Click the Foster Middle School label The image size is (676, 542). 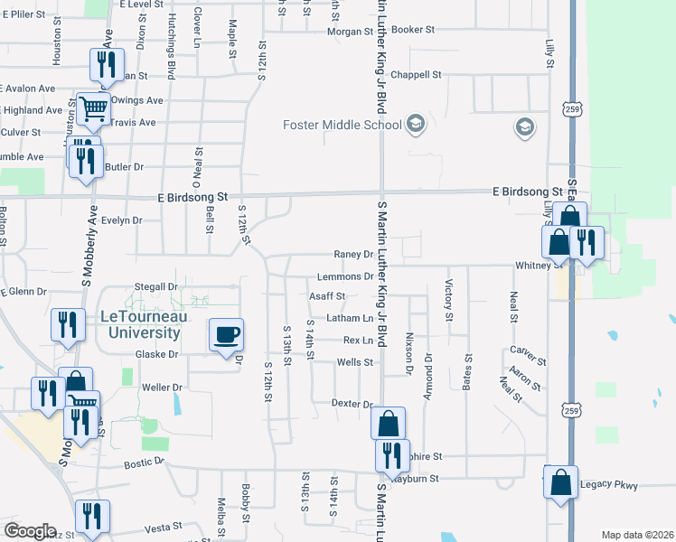tap(343, 125)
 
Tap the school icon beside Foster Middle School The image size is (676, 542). tap(416, 124)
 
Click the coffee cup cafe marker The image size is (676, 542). tap(226, 335)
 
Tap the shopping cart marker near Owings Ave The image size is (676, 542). tap(93, 109)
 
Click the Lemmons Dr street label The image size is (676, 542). tap(345, 276)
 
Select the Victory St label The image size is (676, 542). tap(448, 300)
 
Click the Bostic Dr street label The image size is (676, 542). tap(146, 463)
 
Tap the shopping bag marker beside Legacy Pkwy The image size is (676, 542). tap(560, 482)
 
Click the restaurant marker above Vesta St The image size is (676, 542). tap(92, 516)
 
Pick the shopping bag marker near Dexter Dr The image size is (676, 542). tap(388, 423)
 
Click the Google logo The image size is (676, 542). tap(30, 531)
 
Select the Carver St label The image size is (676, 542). tap(523, 350)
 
